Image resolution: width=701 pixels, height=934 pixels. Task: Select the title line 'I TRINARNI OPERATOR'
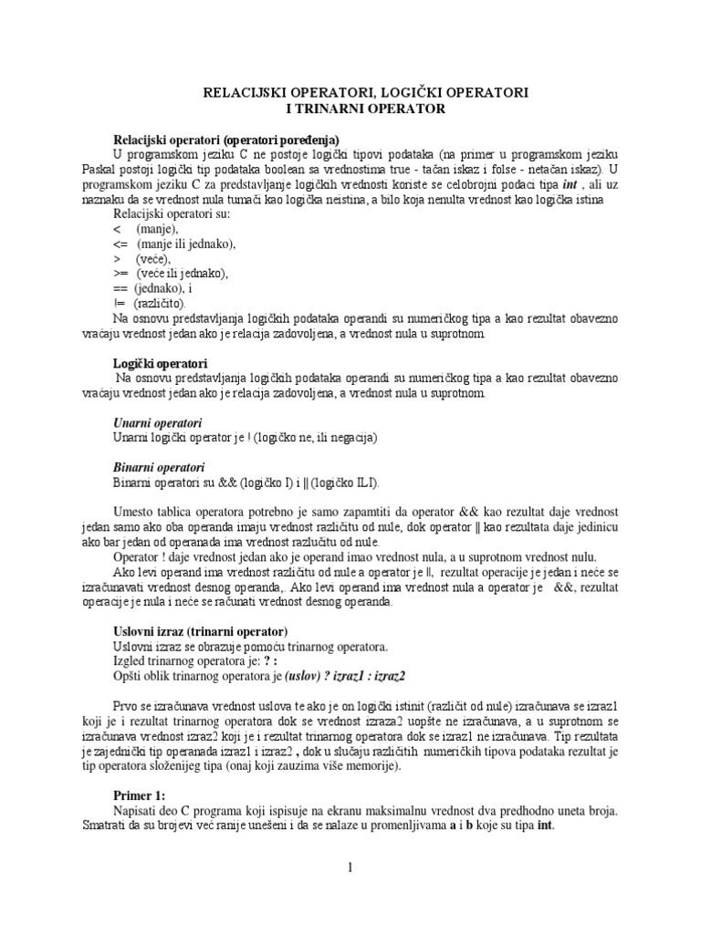click(x=350, y=109)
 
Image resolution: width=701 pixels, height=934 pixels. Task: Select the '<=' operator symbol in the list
click(x=122, y=244)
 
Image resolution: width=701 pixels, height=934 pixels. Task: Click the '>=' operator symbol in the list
click(x=122, y=274)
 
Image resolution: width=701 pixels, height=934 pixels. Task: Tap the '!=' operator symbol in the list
click(x=120, y=303)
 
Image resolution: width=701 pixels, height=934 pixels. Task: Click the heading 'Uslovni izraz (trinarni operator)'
click(x=200, y=631)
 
